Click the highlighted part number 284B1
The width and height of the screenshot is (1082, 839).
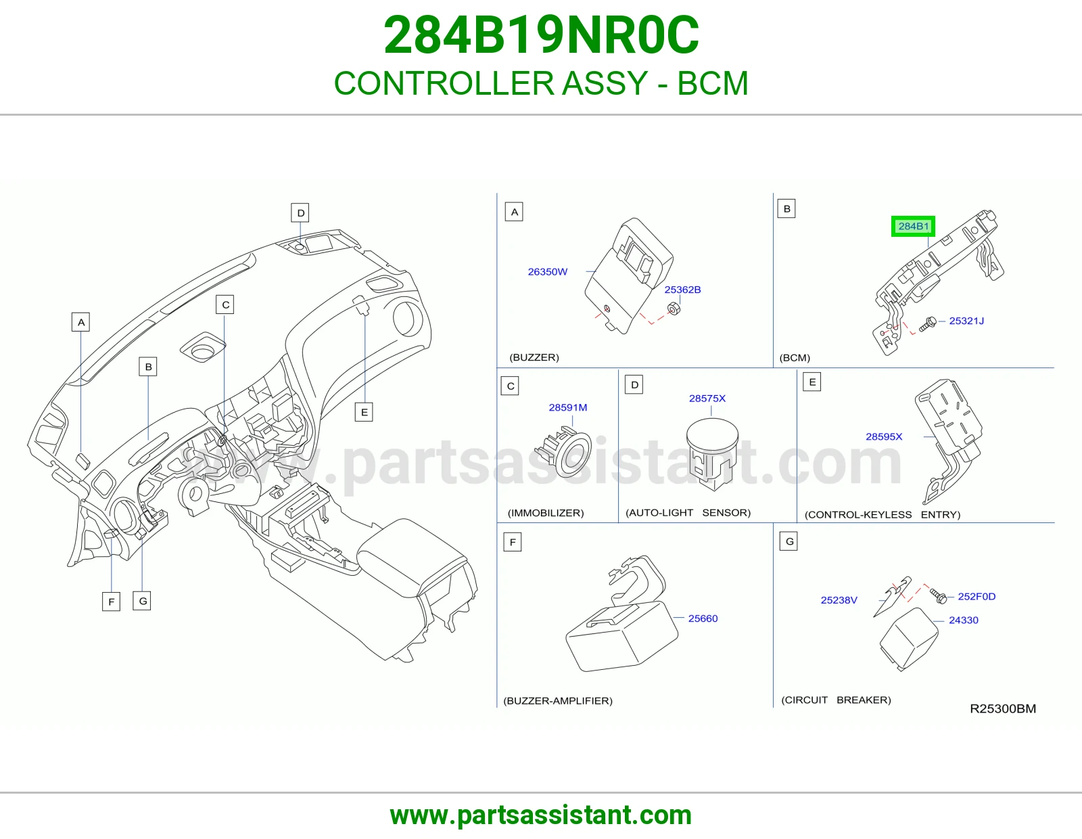coord(913,226)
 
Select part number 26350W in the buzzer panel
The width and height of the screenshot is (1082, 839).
coord(547,271)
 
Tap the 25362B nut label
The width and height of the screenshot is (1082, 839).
coord(682,290)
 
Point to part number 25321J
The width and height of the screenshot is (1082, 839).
coord(966,321)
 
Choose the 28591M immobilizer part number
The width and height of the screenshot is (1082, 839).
coord(567,407)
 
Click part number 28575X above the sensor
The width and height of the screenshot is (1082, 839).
coord(707,399)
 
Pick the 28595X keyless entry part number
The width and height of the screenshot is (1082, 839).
coord(884,436)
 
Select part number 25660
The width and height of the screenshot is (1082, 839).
coord(703,618)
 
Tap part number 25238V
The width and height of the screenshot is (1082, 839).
coord(839,600)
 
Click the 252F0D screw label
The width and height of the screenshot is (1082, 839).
coord(977,596)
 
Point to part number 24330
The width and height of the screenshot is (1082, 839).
coord(963,620)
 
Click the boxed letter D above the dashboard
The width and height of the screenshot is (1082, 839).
coord(300,212)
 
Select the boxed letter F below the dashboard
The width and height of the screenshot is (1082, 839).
coord(111,602)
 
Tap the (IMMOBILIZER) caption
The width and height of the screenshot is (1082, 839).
coord(546,513)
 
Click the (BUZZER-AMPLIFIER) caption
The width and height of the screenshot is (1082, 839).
coord(558,700)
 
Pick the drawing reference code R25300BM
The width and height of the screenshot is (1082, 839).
coord(1003,708)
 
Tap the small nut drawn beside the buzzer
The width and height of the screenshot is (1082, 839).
coord(673,309)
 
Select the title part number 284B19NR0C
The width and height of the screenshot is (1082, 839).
coord(541,35)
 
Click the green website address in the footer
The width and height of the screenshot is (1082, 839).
coord(541,815)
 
